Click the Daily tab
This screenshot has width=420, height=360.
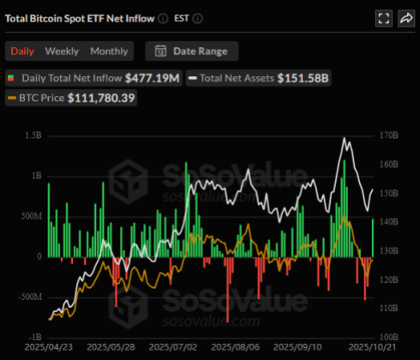pyautogui.click(x=22, y=51)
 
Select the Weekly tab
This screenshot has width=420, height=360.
pyautogui.click(x=62, y=51)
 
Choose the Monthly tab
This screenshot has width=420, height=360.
pyautogui.click(x=109, y=51)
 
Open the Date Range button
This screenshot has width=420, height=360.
pyautogui.click(x=192, y=51)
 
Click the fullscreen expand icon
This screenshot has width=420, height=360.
pyautogui.click(x=383, y=17)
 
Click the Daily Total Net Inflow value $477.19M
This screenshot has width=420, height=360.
pyautogui.click(x=153, y=79)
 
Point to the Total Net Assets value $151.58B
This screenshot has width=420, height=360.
pyautogui.click(x=303, y=79)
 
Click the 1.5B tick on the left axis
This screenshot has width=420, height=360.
pyautogui.click(x=33, y=135)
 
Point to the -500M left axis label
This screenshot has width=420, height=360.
pyautogui.click(x=28, y=297)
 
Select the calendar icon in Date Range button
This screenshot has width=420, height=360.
pyautogui.click(x=160, y=51)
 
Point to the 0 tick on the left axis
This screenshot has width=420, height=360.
pyautogui.click(x=38, y=256)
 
